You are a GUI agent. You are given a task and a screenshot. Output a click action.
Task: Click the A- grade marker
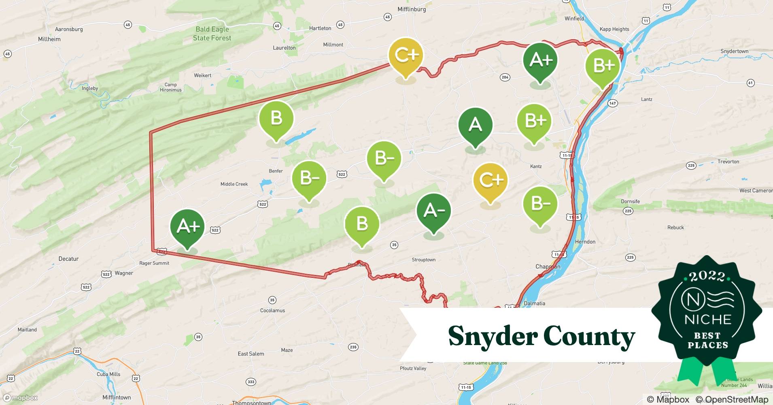click(x=434, y=211)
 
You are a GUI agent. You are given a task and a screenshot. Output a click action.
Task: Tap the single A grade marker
click(x=475, y=125)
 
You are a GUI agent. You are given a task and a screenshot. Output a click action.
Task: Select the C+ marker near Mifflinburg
click(x=406, y=56)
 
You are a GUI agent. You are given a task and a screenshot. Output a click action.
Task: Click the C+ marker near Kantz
click(x=490, y=180)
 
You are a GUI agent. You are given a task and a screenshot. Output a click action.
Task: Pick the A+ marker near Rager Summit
click(x=187, y=226)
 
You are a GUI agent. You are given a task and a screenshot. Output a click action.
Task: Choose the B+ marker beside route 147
click(x=603, y=66)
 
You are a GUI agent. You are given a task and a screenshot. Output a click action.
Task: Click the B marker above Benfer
click(x=276, y=119)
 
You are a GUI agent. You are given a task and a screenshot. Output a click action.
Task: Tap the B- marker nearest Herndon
click(x=540, y=204)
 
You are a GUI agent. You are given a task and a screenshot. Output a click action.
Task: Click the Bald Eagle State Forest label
click(x=212, y=34)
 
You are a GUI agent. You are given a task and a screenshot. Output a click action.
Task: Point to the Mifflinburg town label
click(x=412, y=9)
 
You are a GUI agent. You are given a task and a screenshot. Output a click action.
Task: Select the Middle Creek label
click(x=234, y=184)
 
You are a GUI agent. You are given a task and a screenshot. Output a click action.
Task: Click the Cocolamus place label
click(x=272, y=311)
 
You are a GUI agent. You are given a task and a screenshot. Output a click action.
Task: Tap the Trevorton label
click(x=728, y=162)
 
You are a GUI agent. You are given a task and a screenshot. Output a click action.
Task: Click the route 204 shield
click(x=505, y=77)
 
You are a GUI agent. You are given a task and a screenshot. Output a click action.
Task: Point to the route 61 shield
click(x=750, y=83)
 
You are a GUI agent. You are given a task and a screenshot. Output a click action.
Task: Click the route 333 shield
click(x=251, y=382)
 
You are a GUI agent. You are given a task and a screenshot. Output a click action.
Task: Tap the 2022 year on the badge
click(x=707, y=277)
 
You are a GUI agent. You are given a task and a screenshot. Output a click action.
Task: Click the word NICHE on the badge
click(x=707, y=320)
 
